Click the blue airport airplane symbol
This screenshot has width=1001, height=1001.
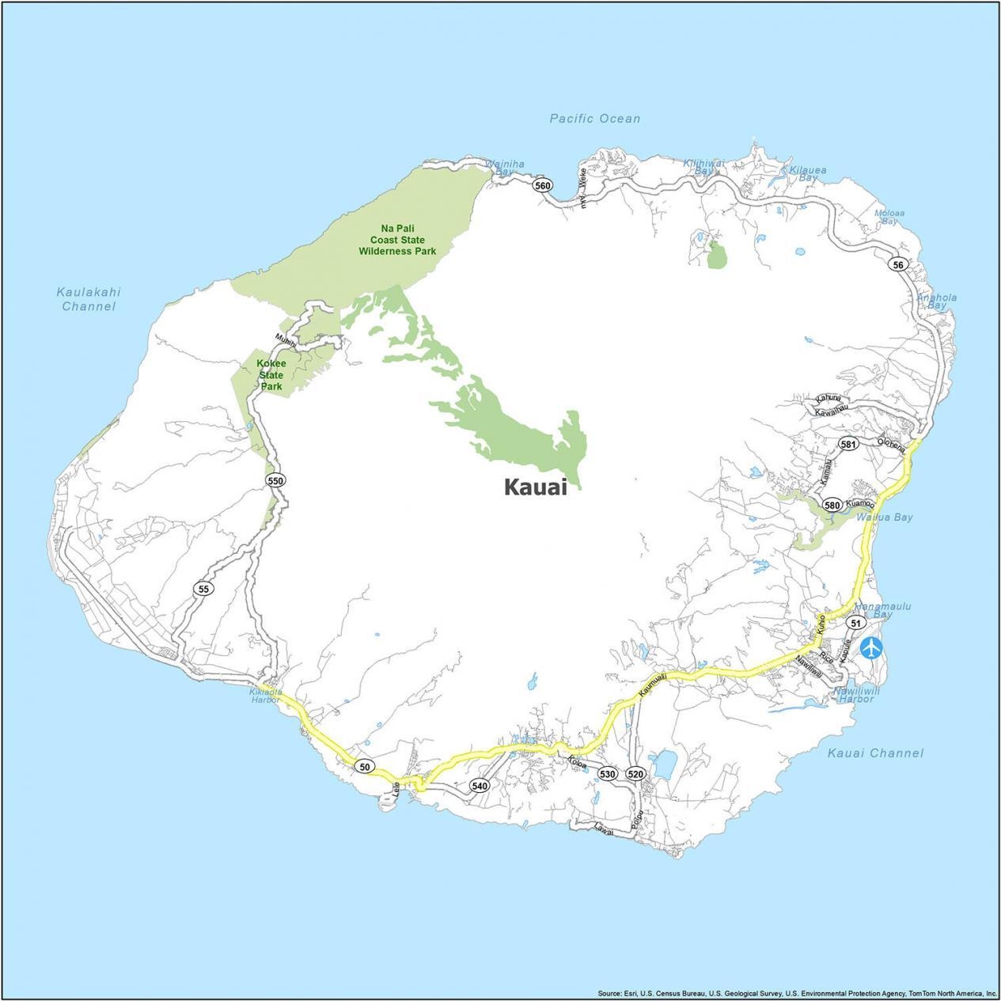point(871,646)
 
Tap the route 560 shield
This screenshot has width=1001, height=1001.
point(542,186)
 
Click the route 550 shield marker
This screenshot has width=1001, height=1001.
point(275,480)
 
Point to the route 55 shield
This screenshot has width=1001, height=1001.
point(204,589)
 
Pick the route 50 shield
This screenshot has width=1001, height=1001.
point(364,767)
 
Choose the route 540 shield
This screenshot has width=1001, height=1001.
point(479,786)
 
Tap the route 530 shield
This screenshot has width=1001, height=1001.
point(607,773)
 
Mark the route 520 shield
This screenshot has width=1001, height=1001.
point(635,773)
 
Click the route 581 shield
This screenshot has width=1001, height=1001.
point(847,444)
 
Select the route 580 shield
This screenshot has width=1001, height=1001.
point(832,505)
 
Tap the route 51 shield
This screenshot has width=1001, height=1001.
point(854,623)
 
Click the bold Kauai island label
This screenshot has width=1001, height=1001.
point(536,487)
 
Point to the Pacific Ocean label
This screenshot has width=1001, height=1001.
point(595,119)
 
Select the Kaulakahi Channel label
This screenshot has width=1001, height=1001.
point(89,299)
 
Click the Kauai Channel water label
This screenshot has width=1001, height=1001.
point(875,753)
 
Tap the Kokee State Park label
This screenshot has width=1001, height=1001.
point(271,374)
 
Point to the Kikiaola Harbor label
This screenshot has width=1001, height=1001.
point(264,695)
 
